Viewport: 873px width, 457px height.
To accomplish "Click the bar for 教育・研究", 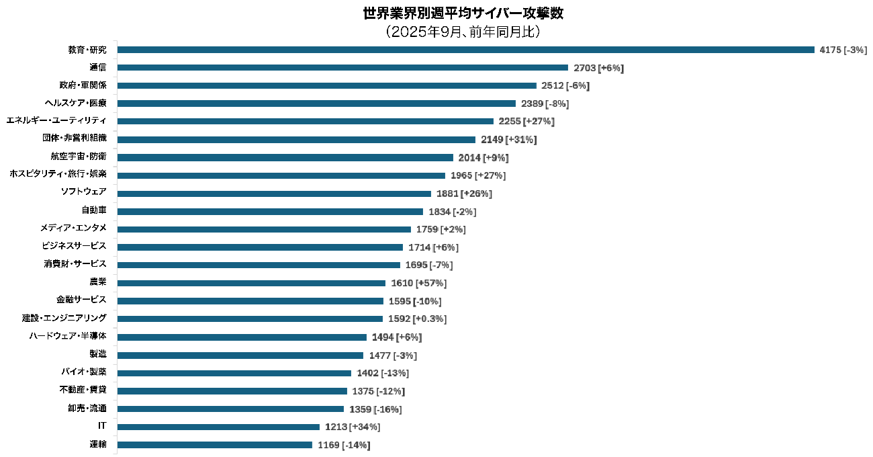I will [465, 50].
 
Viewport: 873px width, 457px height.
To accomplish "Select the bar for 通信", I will [342, 68].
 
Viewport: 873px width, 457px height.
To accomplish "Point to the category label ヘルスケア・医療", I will [75, 103].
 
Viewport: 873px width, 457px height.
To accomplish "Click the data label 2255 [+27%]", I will [526, 122].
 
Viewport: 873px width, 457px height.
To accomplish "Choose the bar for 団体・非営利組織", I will [296, 140].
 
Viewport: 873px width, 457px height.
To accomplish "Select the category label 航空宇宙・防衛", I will [79, 157].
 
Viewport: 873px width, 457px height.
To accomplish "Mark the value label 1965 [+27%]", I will [477, 176].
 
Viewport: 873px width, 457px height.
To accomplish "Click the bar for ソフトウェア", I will [274, 194].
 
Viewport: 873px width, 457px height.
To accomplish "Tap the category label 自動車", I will [93, 210].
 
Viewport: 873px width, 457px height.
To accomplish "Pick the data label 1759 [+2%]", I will [441, 230].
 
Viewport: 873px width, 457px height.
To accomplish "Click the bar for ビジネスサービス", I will [260, 247].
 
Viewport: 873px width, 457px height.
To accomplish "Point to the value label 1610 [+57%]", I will [418, 284].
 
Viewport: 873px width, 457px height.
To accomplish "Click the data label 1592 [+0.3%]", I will [417, 319].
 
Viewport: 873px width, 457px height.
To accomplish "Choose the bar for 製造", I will [240, 355].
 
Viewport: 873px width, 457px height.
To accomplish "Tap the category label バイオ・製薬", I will [83, 372].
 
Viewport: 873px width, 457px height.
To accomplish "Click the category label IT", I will [102, 426].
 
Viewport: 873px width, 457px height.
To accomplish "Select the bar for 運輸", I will [215, 445].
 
